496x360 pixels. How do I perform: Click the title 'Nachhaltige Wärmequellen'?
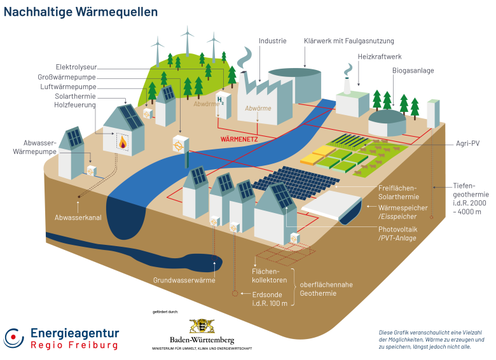[81, 12]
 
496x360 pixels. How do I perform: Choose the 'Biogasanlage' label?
[413, 70]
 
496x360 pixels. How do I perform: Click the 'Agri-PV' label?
[467, 144]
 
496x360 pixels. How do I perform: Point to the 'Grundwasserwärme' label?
[184, 280]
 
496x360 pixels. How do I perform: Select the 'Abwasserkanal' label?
[78, 218]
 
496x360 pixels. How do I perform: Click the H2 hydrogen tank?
[220, 104]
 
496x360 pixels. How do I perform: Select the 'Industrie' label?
[272, 41]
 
